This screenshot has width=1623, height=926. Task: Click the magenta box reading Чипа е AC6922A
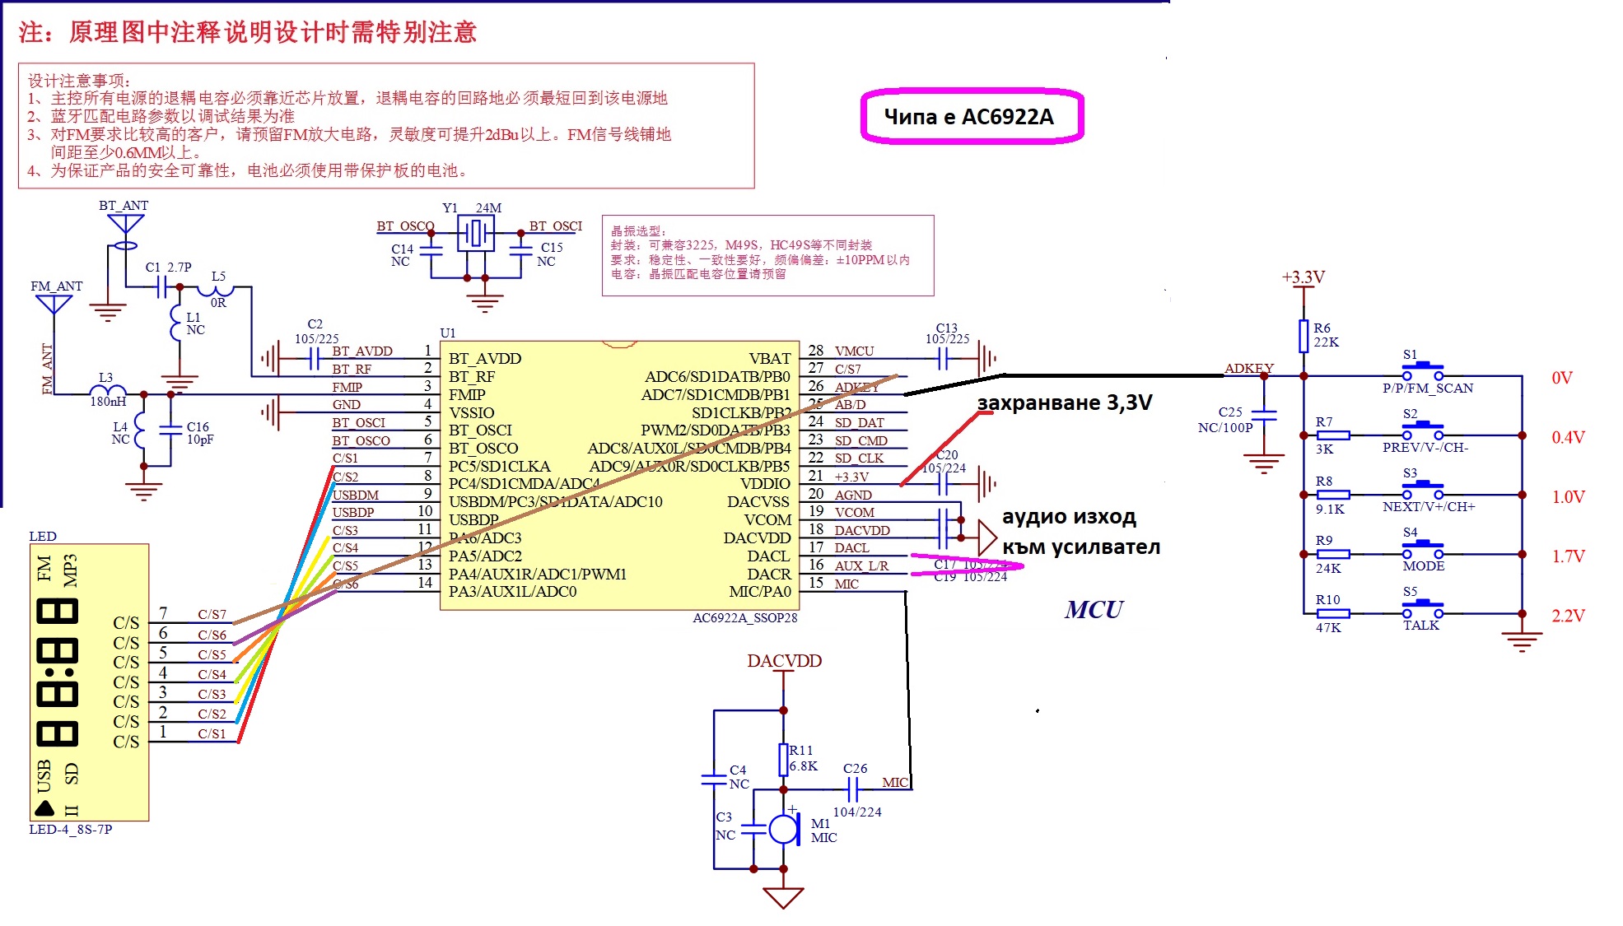click(x=972, y=116)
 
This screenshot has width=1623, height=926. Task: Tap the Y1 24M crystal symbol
click(x=476, y=235)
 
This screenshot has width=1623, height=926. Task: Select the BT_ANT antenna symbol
click(x=125, y=225)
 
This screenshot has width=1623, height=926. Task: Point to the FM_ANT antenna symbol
click(x=54, y=304)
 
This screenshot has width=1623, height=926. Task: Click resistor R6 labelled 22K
click(x=1304, y=335)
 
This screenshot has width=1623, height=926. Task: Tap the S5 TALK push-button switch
click(x=1422, y=611)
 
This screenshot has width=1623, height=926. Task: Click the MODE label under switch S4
click(x=1423, y=566)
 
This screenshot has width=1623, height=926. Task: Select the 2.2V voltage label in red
click(x=1568, y=616)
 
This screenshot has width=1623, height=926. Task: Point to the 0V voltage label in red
click(x=1561, y=378)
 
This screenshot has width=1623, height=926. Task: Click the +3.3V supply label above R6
click(x=1303, y=277)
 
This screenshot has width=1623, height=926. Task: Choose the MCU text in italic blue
click(x=1094, y=610)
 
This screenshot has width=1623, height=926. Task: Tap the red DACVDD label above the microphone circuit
click(x=784, y=661)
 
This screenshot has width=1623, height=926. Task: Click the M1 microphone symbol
click(x=784, y=829)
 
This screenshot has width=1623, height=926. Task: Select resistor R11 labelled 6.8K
click(x=784, y=760)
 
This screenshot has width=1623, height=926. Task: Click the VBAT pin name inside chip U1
click(x=769, y=359)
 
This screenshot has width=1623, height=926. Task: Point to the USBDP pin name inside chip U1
click(x=473, y=520)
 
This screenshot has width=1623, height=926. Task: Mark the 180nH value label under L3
click(x=108, y=402)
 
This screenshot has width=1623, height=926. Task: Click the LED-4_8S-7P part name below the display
click(x=71, y=830)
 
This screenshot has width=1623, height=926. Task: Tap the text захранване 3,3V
click(x=1064, y=403)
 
